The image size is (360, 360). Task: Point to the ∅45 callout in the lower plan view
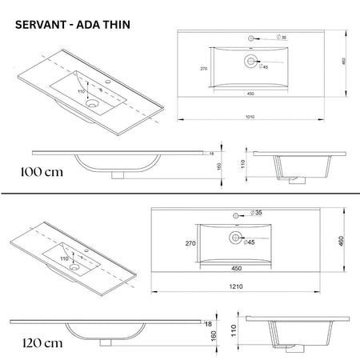tap(248, 241)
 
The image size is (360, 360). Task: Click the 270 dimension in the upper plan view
tap(205, 69)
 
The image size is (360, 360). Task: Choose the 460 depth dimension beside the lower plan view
tap(342, 241)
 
